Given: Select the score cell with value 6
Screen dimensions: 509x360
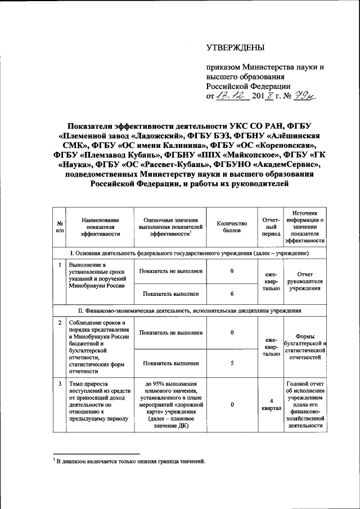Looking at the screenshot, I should tap(232, 294).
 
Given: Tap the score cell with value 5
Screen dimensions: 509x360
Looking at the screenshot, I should tap(232, 362).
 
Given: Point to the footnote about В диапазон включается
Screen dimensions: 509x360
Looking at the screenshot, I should tap(125, 462).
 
